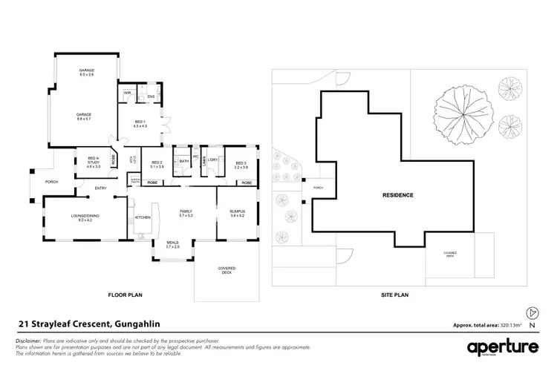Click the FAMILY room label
(186, 213)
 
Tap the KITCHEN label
(143, 217)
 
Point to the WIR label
(128, 93)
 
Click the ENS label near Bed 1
(150, 96)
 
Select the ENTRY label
(100, 188)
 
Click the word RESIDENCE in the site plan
(398, 195)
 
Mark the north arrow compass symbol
(530, 314)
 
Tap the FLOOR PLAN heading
(125, 295)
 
